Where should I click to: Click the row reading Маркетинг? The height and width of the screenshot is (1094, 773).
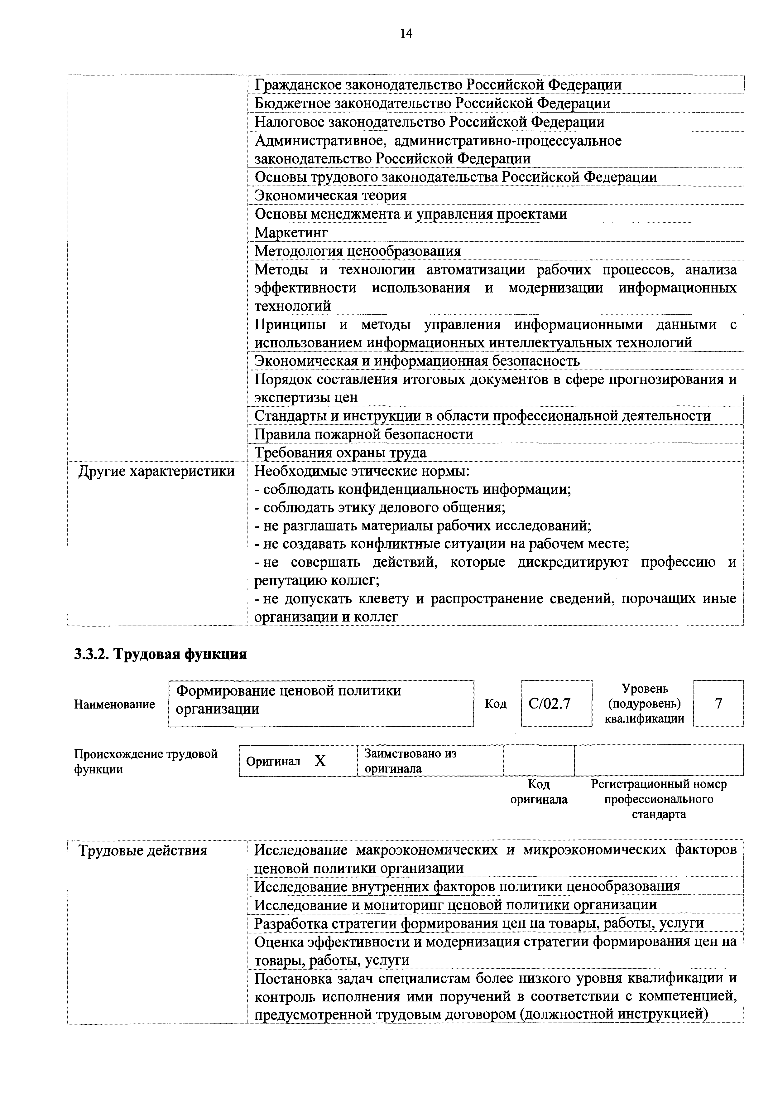(291, 233)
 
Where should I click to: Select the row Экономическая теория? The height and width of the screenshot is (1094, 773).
(330, 195)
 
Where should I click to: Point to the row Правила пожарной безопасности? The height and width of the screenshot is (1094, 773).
(364, 434)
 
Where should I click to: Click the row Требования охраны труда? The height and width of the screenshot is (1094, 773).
(341, 453)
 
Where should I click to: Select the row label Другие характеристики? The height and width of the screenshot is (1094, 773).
(157, 471)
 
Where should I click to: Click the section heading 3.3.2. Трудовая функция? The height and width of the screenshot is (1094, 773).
(161, 654)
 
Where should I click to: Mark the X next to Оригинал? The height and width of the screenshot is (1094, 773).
(320, 762)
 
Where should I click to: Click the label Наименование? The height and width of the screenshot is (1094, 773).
(114, 704)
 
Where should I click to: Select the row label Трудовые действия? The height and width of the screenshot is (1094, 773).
(143, 850)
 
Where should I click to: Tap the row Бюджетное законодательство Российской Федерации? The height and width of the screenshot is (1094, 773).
(432, 104)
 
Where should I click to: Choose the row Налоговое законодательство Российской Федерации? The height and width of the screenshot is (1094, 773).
(430, 122)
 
